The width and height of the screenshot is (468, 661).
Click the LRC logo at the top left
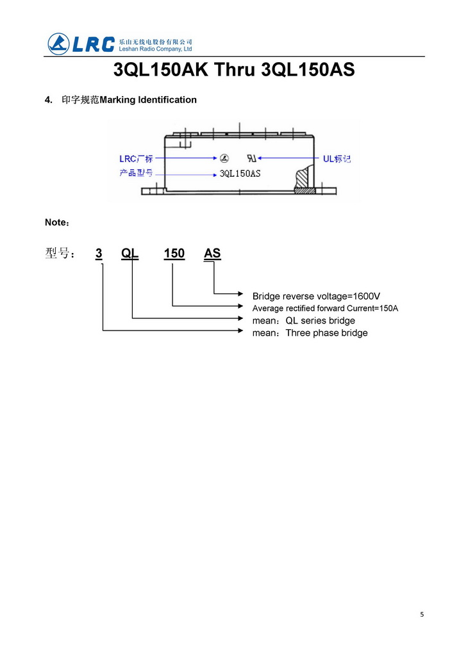[x=81, y=44]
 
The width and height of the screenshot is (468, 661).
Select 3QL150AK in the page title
[x=160, y=70]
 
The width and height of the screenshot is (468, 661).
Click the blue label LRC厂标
[x=136, y=158]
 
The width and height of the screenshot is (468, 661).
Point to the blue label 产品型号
[x=136, y=174]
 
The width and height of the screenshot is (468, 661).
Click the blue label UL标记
[x=337, y=158]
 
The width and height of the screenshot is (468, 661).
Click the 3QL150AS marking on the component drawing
[x=240, y=174]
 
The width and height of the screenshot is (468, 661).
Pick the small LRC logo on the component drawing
[x=224, y=158]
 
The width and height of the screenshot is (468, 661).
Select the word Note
[x=55, y=222]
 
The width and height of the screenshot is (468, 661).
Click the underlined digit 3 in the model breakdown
[x=99, y=254]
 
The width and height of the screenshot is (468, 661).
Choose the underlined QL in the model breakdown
[x=130, y=254]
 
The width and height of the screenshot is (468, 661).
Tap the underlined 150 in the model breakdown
[x=174, y=254]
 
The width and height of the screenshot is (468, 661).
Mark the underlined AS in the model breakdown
[x=212, y=254]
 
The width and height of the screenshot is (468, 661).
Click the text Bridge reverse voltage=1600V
[x=316, y=296]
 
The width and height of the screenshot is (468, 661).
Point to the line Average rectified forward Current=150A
[x=325, y=308]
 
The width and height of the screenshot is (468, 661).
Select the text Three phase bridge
[x=326, y=333]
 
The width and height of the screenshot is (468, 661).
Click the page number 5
[x=422, y=615]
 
